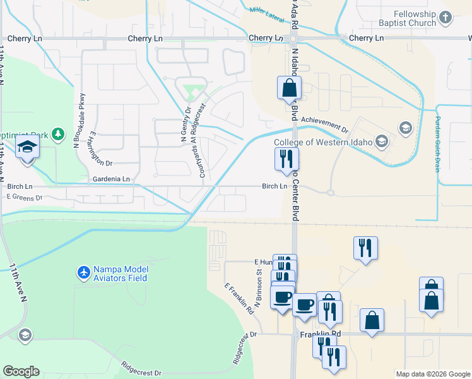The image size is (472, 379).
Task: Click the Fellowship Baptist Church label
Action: pos(415,18)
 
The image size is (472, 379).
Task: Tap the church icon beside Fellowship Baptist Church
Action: pos(446,18)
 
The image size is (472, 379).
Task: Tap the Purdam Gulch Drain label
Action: pos(436,145)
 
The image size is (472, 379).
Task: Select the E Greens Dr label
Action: pos(24,198)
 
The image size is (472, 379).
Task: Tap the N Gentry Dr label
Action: pos(187,128)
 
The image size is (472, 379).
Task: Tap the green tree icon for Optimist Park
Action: pos(58,134)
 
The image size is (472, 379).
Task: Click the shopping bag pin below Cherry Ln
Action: pos(289,88)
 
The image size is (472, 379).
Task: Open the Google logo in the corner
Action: pos(21,371)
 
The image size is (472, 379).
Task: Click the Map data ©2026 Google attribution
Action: pos(433,374)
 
